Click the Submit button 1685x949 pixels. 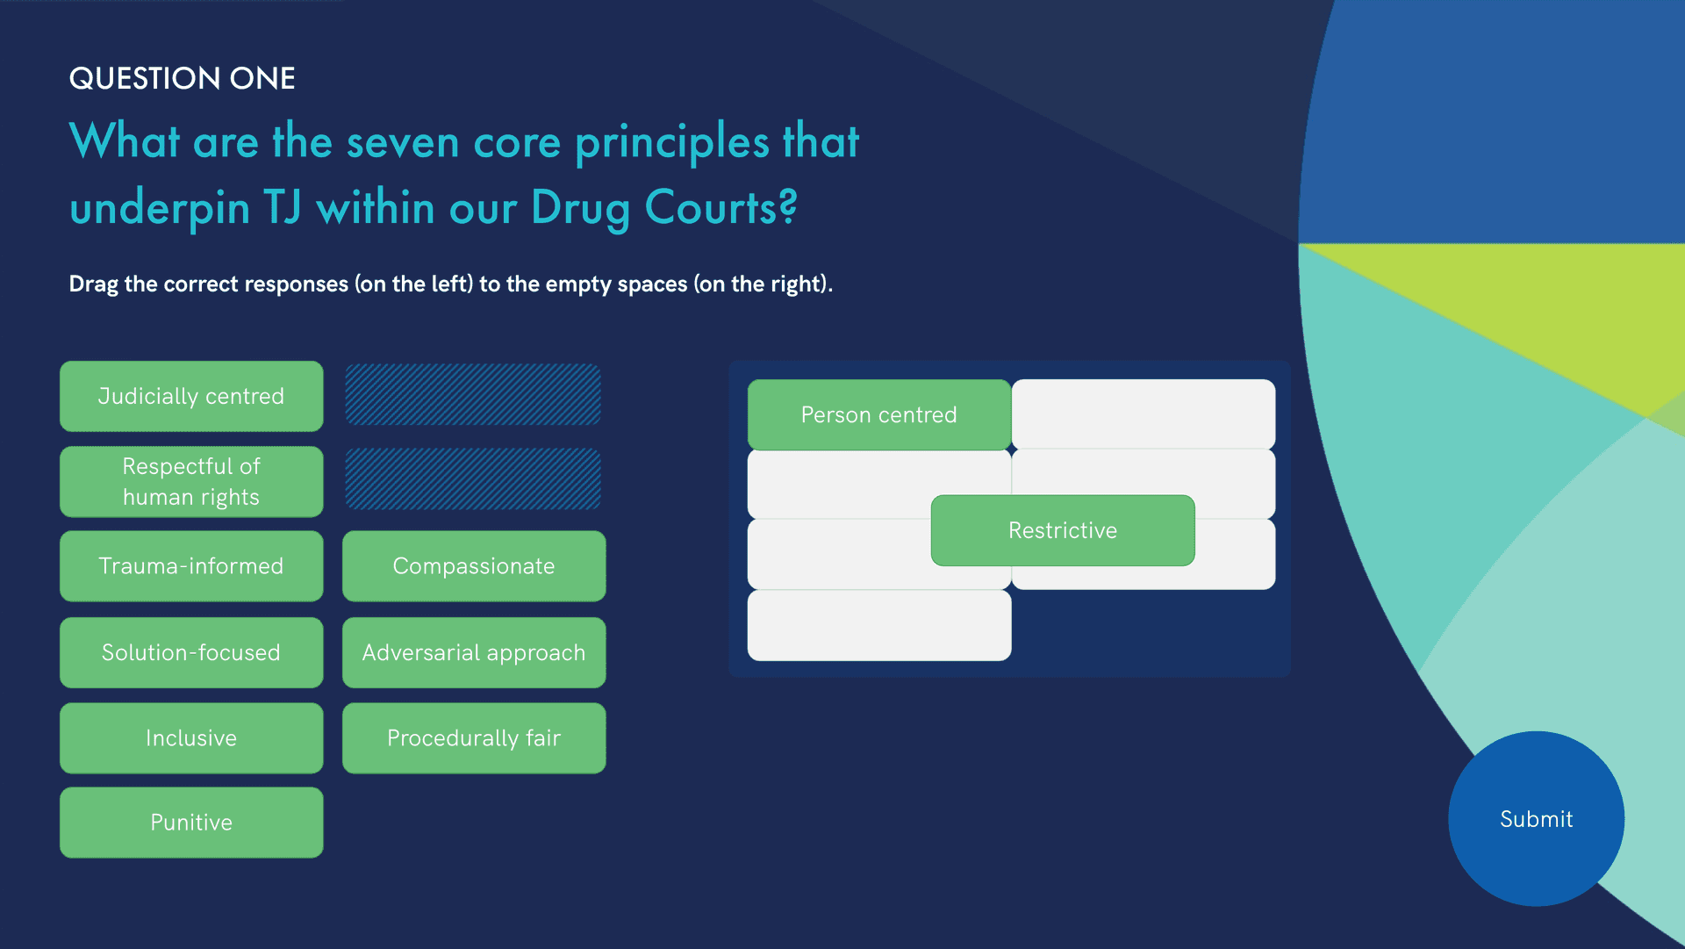[1536, 818]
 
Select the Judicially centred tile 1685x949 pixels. [191, 396]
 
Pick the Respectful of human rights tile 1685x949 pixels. [191, 481]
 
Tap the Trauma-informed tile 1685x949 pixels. [191, 566]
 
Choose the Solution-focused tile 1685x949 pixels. [191, 652]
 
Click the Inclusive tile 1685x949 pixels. [191, 738]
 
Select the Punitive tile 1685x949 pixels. [191, 823]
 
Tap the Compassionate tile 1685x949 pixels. [474, 566]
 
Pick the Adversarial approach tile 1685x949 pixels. [474, 652]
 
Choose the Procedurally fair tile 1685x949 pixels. [474, 738]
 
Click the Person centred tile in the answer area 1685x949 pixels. [879, 414]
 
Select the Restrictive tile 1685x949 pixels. [1063, 530]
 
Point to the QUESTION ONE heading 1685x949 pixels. [182, 78]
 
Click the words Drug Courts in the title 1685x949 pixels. [663, 208]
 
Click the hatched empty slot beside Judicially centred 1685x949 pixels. [473, 395]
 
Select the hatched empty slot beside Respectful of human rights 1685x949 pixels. [473, 479]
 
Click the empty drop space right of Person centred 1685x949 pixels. [1144, 414]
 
